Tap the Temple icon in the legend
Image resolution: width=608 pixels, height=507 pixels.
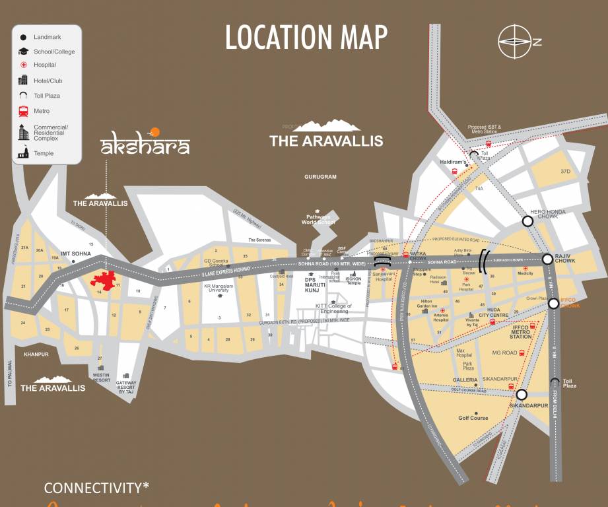[24, 152]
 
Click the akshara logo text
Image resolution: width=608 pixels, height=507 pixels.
[145, 146]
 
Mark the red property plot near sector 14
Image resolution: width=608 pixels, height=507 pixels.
[104, 280]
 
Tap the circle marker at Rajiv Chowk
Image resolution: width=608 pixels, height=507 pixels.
[547, 259]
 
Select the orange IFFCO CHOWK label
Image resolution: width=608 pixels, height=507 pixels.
[570, 306]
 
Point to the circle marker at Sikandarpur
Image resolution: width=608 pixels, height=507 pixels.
[521, 395]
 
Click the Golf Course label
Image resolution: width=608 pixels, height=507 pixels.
[473, 418]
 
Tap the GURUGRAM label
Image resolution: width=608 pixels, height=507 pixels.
[321, 177]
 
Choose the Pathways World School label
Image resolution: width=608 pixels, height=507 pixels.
[320, 220]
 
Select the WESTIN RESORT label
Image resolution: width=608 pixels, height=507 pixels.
[102, 377]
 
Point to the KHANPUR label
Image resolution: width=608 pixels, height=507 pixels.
[36, 355]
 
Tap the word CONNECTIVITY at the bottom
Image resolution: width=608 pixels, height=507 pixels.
[96, 489]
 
